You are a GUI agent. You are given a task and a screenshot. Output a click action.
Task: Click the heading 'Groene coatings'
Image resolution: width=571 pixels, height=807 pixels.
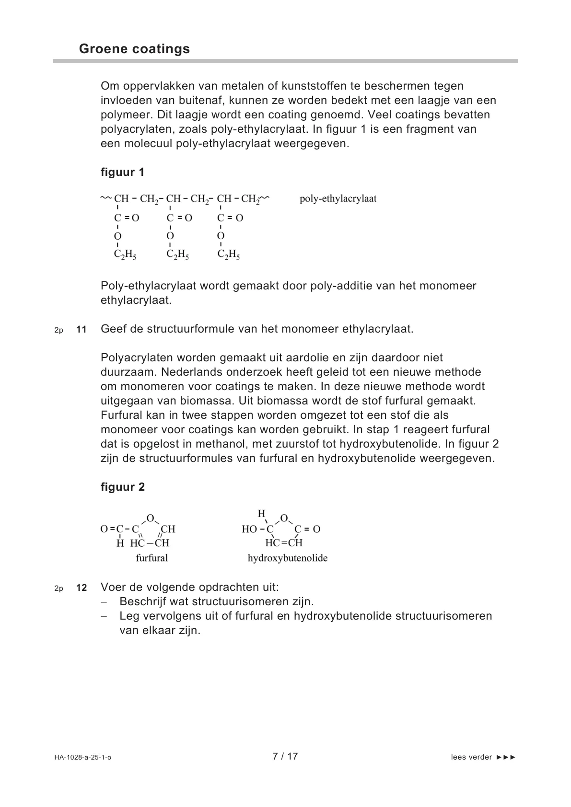point(134,49)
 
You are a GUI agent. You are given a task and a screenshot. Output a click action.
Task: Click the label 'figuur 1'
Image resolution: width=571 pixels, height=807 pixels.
point(122,172)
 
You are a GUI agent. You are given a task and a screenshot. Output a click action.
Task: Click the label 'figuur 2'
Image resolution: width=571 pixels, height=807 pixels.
point(122,487)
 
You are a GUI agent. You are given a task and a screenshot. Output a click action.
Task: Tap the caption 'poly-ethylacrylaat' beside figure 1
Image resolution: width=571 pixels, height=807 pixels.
point(338,198)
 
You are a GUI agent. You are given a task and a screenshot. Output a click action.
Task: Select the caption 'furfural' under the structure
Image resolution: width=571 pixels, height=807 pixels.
point(152,558)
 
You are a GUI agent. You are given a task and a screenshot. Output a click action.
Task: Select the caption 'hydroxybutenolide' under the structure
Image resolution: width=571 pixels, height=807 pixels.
point(288,558)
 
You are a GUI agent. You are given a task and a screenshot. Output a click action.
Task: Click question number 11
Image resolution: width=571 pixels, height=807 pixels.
point(82,329)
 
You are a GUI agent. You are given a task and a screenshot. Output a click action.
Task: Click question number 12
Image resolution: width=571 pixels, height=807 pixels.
point(82,588)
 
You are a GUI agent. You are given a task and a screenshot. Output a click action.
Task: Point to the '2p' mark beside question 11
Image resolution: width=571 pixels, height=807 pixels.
point(58,330)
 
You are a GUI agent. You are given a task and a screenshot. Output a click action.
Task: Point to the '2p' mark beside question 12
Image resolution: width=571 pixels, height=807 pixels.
point(58,588)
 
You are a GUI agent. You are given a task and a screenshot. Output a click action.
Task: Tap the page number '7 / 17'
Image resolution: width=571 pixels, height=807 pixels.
point(285,757)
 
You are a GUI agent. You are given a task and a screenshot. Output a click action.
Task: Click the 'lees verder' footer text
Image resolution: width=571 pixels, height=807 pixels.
point(471,757)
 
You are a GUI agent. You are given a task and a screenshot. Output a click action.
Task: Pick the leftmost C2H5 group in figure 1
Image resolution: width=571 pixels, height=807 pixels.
point(125,255)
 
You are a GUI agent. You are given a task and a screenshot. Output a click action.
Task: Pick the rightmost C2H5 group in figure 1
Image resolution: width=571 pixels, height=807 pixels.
point(229,255)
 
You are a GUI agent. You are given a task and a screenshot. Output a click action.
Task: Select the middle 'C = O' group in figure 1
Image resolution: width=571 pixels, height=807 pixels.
point(179,218)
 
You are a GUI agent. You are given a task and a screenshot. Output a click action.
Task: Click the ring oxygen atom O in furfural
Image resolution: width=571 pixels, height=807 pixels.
point(150,518)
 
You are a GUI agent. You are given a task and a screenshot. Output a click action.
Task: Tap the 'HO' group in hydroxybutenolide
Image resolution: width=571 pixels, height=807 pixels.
point(249,530)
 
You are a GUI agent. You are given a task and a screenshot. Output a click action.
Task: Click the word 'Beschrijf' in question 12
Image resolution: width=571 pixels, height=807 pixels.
point(141,601)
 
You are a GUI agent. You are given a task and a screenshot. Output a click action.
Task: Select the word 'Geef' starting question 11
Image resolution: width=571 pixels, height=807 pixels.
point(112,329)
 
